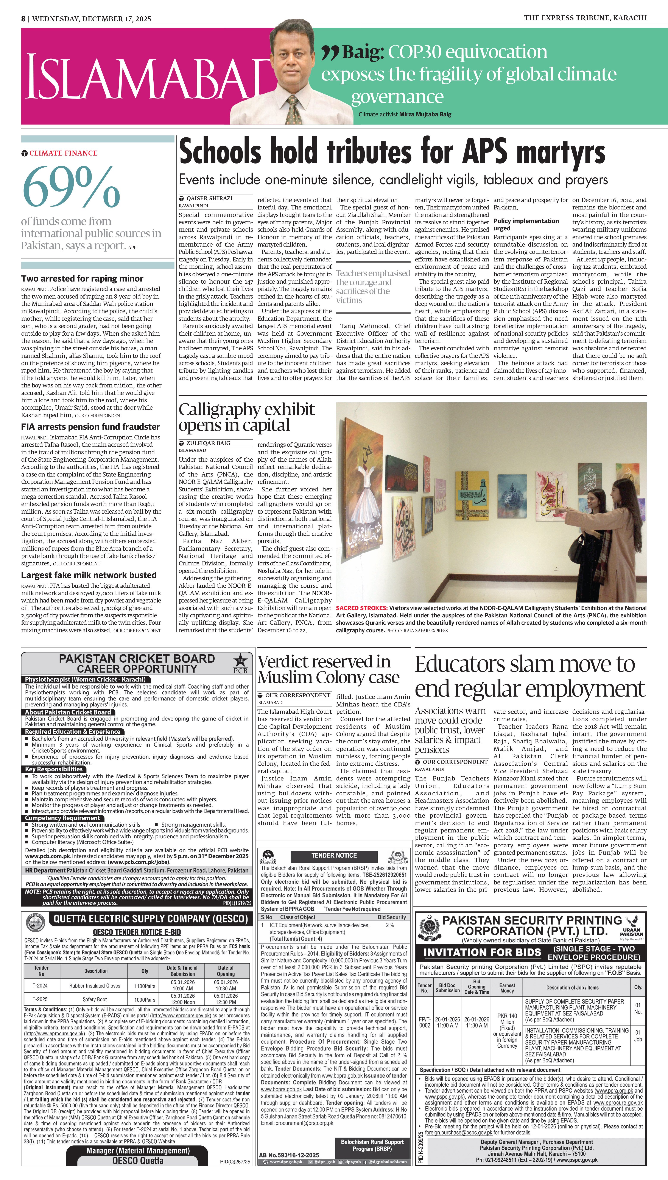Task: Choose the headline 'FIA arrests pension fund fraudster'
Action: pyautogui.click(x=90, y=427)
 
